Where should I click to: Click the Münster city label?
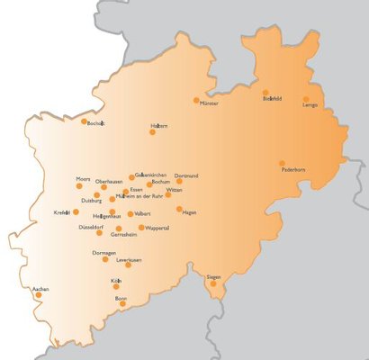208,104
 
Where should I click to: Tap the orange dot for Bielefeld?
265,93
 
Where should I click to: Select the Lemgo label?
310,104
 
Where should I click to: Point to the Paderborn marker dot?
283,163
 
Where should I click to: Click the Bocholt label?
96,124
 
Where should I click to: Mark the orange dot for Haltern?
152,132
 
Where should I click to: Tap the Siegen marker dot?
213,284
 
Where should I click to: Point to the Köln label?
116,282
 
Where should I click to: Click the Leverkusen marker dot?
129,265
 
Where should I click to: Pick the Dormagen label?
104,253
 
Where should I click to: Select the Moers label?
84,180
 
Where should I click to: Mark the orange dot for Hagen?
179,209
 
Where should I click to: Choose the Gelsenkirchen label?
152,176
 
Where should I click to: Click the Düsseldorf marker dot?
99,233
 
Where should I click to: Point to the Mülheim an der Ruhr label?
135,196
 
